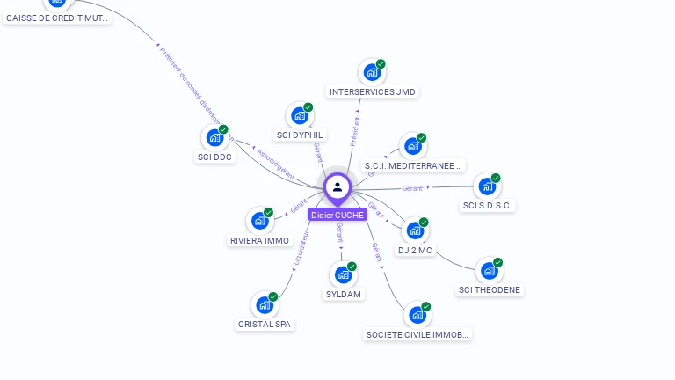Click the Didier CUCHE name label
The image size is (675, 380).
tap(337, 215)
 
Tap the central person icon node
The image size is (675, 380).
tap(337, 186)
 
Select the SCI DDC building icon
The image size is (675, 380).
tap(214, 137)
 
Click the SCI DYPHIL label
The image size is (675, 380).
tap(300, 135)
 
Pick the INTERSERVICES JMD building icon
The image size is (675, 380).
tap(372, 72)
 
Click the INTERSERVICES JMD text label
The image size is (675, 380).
tap(372, 92)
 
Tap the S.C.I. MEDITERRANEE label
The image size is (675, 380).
tap(413, 165)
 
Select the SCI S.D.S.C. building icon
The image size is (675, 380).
tap(487, 186)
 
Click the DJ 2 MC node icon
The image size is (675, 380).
tap(415, 230)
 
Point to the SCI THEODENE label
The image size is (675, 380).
tap(490, 290)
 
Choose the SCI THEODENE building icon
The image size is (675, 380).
tap(489, 271)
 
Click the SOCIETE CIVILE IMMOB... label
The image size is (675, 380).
tap(418, 335)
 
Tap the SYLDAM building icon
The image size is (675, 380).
tap(343, 275)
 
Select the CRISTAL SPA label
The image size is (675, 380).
tap(265, 325)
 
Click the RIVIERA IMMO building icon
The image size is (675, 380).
tap(260, 221)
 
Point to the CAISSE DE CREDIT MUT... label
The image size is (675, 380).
tap(57, 18)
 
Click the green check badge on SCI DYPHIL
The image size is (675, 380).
tap(308, 107)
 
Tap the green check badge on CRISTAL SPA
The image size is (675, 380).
tap(273, 297)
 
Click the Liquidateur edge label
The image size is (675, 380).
tap(301, 248)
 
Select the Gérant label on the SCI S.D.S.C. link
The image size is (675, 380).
tap(412, 188)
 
